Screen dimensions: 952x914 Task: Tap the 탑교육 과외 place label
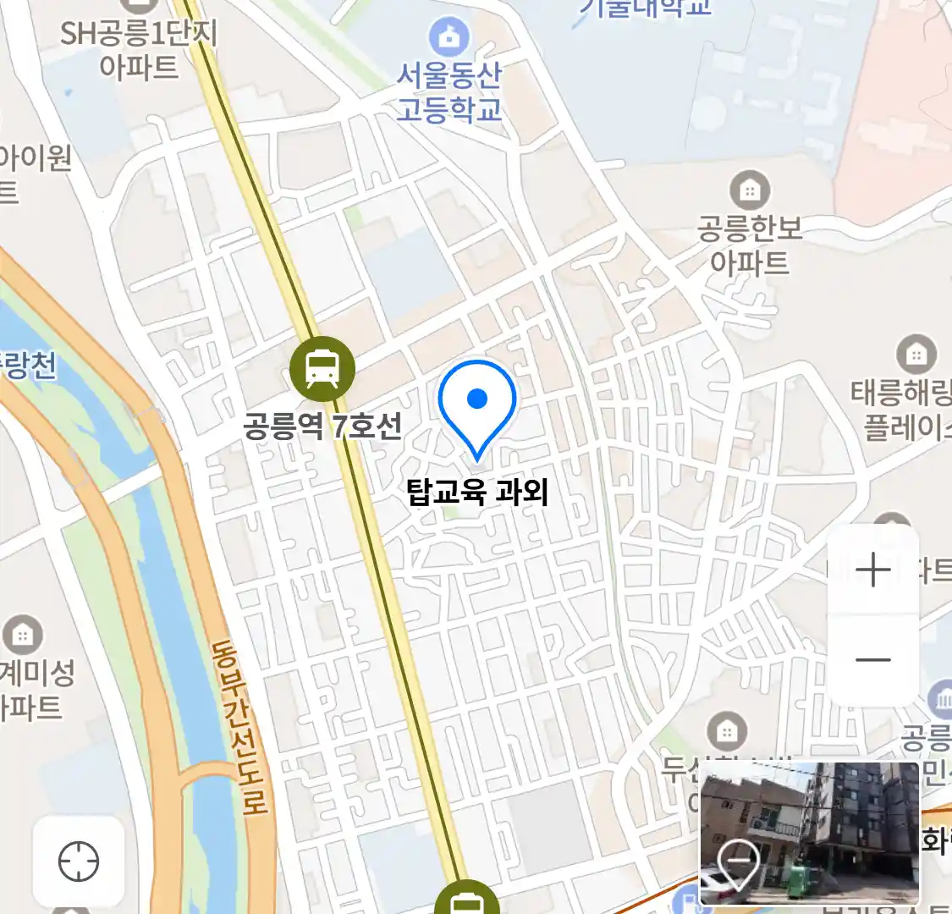coord(477,492)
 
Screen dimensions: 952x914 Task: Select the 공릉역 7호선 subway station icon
coord(322,368)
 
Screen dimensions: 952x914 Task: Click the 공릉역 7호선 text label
coord(322,425)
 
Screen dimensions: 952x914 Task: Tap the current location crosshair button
coord(79,862)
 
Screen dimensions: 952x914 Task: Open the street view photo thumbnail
coord(809,833)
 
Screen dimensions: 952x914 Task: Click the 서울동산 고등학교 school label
coord(449,92)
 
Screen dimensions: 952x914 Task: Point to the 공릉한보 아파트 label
coord(750,245)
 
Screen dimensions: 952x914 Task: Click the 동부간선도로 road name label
coord(240,728)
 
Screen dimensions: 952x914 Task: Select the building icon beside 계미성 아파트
coord(23,635)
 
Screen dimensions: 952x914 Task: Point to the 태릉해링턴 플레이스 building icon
coord(916,354)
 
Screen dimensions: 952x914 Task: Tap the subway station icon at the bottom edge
coord(465,902)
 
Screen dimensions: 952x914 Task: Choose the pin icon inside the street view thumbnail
coord(738,863)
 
